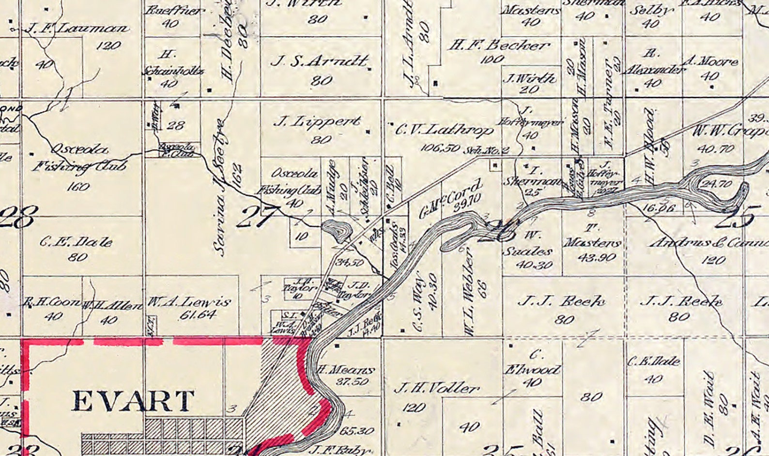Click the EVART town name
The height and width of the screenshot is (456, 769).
[133, 401]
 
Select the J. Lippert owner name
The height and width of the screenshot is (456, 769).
[317, 122]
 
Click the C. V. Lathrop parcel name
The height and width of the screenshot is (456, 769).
[445, 130]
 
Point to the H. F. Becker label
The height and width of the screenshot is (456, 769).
[499, 46]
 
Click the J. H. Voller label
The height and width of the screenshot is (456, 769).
[437, 389]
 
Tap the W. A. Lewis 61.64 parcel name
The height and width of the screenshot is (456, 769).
[189, 302]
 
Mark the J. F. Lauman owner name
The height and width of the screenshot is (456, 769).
[77, 29]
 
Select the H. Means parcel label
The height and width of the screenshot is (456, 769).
[346, 370]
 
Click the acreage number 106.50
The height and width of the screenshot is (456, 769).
[439, 147]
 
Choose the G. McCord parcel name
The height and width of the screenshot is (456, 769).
[450, 199]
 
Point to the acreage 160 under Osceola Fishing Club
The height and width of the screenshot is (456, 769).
[78, 187]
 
